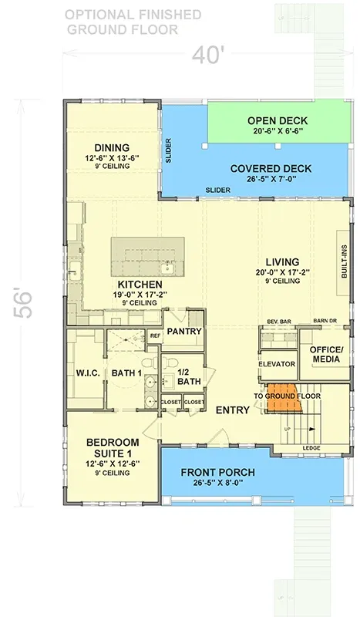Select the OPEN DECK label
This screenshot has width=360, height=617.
click(x=277, y=121)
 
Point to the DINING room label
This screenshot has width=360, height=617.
click(x=112, y=148)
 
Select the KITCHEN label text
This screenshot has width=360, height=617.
click(x=140, y=285)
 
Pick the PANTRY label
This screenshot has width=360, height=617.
click(x=183, y=332)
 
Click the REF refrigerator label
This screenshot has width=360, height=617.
click(x=155, y=335)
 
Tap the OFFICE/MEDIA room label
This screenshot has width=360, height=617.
click(x=325, y=355)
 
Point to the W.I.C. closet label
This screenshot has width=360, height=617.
click(x=84, y=374)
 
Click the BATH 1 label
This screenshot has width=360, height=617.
click(x=126, y=374)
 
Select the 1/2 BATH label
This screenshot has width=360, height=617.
click(x=188, y=376)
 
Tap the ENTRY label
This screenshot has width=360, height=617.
click(x=232, y=410)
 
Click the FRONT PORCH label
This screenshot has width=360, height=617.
click(x=217, y=472)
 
